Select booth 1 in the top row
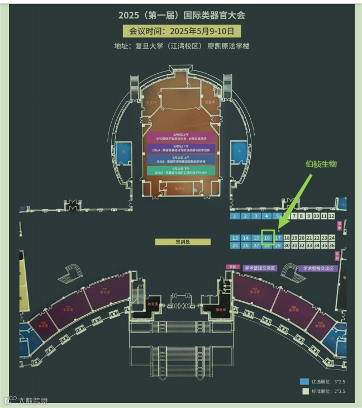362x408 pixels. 236,216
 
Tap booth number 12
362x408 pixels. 331,216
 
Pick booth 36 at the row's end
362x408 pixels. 331,245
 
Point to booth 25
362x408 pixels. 235,245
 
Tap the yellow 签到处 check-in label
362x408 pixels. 183,242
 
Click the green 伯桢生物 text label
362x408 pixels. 321,164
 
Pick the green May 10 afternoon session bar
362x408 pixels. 182,170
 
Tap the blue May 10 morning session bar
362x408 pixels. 182,159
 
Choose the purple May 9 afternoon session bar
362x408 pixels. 182,149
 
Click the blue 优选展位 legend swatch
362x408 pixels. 304,382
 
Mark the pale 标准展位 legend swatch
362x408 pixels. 304,391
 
